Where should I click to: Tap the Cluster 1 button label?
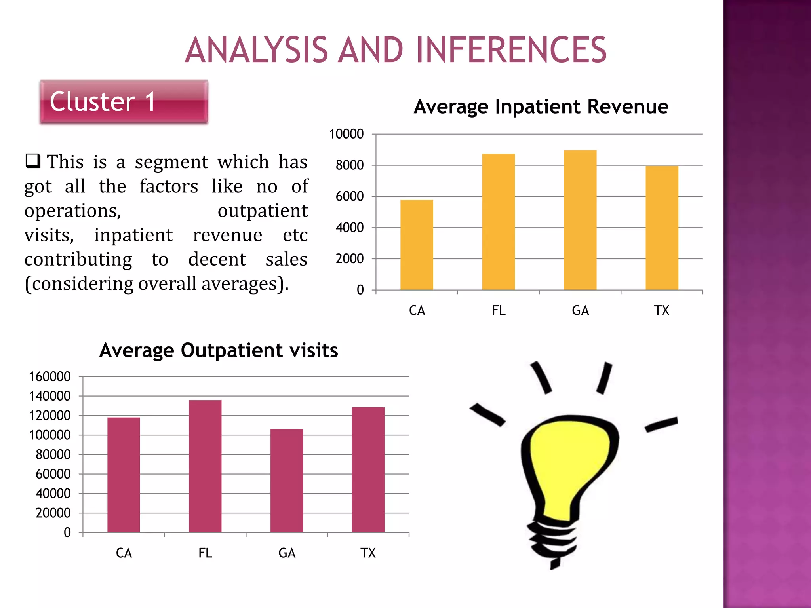point(102,102)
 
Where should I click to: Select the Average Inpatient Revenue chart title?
point(541,106)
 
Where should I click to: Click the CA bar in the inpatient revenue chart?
point(417,245)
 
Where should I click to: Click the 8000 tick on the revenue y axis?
point(349,165)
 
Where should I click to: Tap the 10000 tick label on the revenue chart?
point(346,134)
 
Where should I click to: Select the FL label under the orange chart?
point(499,310)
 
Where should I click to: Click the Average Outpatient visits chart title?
point(219,350)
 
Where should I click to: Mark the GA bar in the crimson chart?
point(287,481)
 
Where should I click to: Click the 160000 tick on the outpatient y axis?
point(49,376)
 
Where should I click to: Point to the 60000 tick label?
point(53,474)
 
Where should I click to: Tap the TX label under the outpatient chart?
point(368,553)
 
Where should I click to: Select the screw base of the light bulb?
point(552,540)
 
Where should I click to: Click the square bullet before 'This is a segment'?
point(33,161)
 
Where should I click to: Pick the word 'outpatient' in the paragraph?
point(263,211)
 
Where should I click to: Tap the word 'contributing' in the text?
point(78,260)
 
